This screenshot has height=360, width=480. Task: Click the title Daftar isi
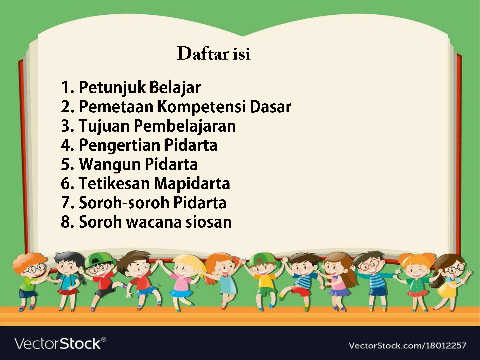click(x=214, y=54)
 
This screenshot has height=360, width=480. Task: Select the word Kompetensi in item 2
click(x=202, y=107)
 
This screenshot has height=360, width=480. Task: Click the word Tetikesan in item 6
click(x=114, y=184)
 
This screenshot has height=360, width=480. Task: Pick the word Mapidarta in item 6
click(x=192, y=184)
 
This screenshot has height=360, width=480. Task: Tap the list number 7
click(x=66, y=203)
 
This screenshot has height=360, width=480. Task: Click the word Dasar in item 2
click(x=271, y=107)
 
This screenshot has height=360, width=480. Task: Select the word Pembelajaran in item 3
click(x=185, y=126)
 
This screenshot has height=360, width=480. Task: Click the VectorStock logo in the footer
click(x=59, y=344)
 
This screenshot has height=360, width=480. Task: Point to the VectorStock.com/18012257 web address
click(x=407, y=346)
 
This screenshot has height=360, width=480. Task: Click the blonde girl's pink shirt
click(x=182, y=283)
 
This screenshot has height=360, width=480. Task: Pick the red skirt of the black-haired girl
click(x=68, y=292)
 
